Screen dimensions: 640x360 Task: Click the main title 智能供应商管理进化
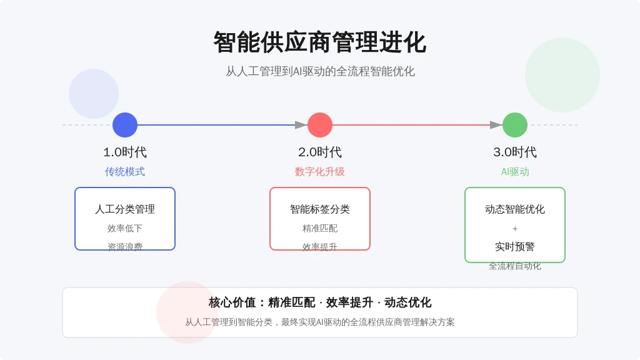click(x=320, y=42)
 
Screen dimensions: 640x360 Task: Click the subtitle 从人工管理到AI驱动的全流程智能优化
click(x=320, y=71)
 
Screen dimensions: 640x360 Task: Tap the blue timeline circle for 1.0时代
click(x=125, y=125)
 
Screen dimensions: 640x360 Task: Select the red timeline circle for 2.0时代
click(x=320, y=125)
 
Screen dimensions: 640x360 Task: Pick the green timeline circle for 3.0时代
click(x=515, y=125)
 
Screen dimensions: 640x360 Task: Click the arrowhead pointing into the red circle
click(x=301, y=125)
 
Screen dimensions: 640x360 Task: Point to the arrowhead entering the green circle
click(x=496, y=125)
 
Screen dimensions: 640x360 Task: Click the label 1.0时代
click(x=125, y=152)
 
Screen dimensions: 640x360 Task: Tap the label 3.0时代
click(x=515, y=152)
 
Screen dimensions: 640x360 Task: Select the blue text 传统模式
click(x=125, y=172)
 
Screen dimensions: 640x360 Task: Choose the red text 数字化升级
click(x=320, y=172)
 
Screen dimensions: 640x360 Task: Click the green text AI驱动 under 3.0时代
click(x=515, y=172)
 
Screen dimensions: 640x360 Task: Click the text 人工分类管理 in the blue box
click(x=125, y=209)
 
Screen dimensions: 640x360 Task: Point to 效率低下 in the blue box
click(x=125, y=229)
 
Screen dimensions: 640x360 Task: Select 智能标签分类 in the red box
click(x=320, y=209)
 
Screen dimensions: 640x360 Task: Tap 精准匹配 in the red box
click(x=320, y=229)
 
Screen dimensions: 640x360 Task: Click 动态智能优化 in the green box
click(x=515, y=209)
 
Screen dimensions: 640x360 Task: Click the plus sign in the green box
click(x=515, y=229)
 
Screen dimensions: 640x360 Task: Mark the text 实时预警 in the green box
click(x=515, y=247)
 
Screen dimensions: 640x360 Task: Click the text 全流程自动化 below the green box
click(x=515, y=266)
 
